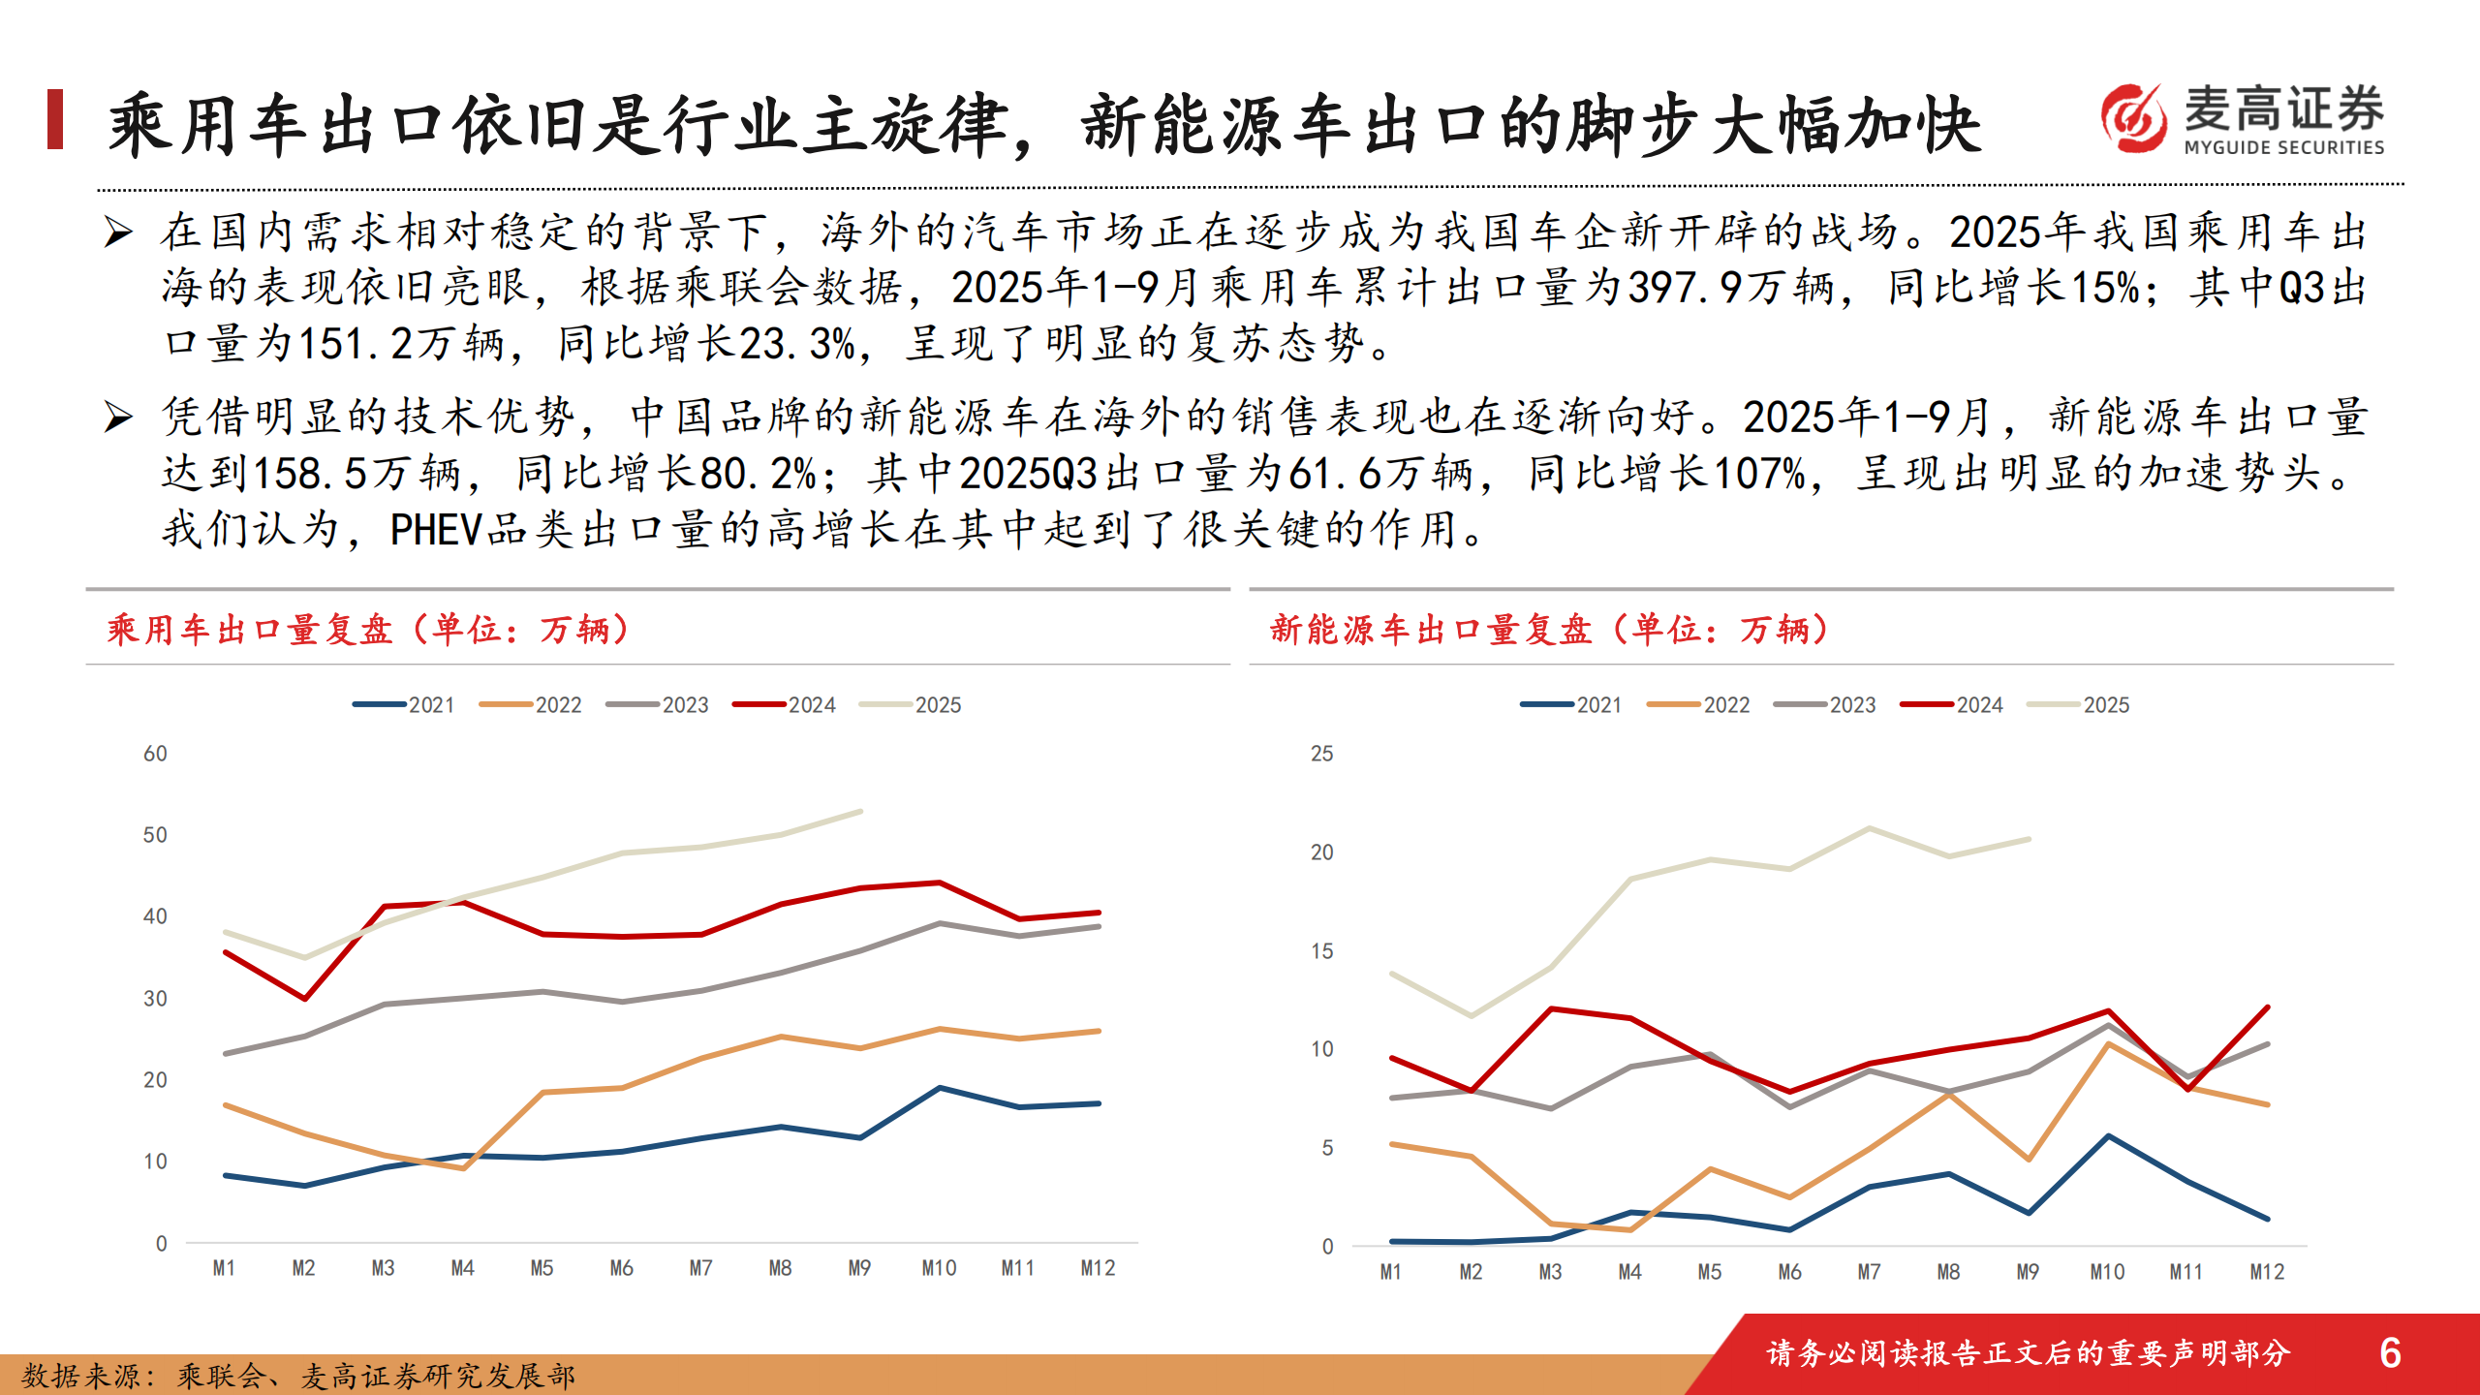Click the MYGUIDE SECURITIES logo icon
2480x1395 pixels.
coord(2132,118)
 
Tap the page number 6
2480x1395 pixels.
coord(2390,1352)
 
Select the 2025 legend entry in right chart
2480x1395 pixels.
coord(2079,705)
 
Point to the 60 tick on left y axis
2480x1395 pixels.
coord(155,754)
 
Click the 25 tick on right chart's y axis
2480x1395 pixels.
coord(1321,754)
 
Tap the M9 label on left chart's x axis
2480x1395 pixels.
coord(859,1268)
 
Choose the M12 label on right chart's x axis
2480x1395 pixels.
coord(2266,1272)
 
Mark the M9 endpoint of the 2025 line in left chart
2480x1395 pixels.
coord(860,812)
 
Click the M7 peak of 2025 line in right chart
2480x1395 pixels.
coord(1869,828)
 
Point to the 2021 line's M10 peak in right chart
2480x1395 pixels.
coord(2108,1135)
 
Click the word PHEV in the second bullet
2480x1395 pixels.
coord(436,530)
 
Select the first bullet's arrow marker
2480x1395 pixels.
coord(118,232)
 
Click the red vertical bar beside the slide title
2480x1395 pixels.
coord(55,119)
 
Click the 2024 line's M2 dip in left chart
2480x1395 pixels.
coord(305,998)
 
